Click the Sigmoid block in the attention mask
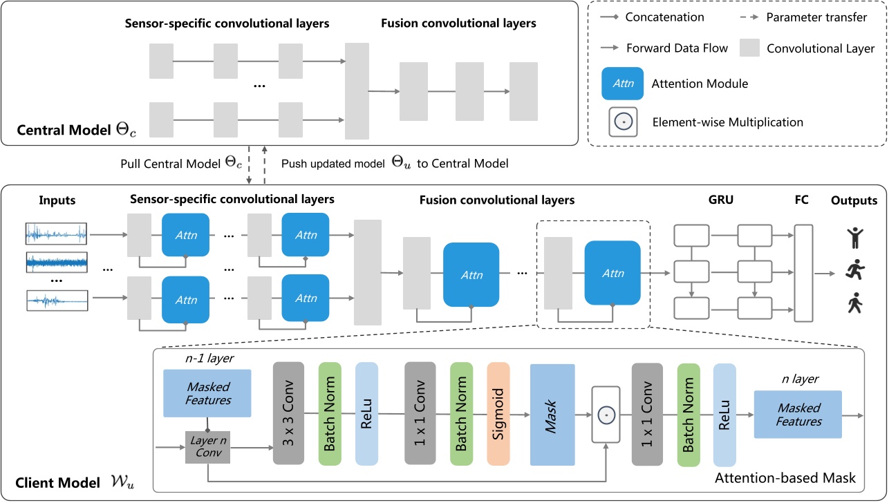coord(498,413)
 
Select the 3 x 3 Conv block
coord(289,413)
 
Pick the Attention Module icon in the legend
coord(624,83)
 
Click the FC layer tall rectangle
coord(803,273)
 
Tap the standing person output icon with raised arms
coord(854,238)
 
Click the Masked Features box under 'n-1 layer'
coord(207,392)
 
